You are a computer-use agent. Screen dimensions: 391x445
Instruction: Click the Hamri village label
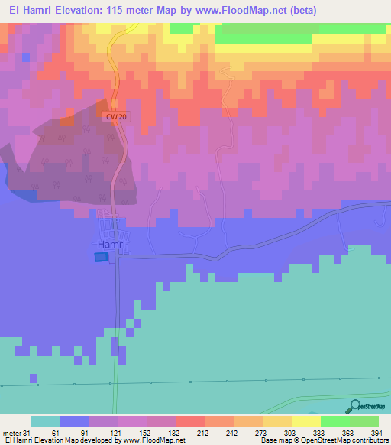tap(111, 244)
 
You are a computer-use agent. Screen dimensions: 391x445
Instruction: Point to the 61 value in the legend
tap(54, 432)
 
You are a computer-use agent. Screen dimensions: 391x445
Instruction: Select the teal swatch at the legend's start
tap(45, 421)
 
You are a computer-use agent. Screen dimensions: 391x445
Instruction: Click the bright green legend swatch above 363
tap(335, 421)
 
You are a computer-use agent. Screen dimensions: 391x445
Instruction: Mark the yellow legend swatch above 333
tap(306, 421)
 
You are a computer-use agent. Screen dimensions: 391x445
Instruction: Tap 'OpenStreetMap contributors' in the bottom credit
tap(346, 440)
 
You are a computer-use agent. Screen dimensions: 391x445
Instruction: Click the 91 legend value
tap(83, 432)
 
